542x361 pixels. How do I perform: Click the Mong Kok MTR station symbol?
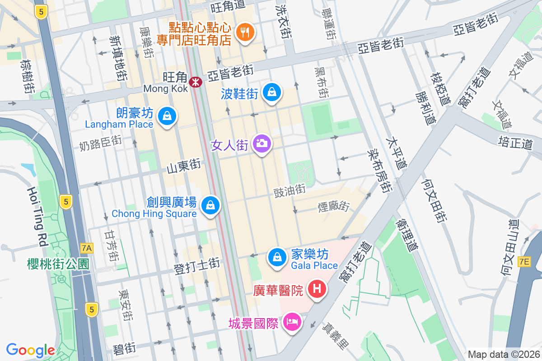pyautogui.click(x=196, y=82)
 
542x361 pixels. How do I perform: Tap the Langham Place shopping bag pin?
pyautogui.click(x=167, y=116)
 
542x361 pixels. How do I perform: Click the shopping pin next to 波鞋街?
pyautogui.click(x=272, y=93)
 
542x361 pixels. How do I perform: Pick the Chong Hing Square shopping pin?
pyautogui.click(x=210, y=205)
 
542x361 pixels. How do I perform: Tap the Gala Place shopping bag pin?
pyautogui.click(x=276, y=258)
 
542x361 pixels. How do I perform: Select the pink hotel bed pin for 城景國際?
pyautogui.click(x=292, y=323)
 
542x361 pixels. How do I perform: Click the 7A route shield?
pyautogui.click(x=87, y=248)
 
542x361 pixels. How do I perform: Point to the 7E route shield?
pyautogui.click(x=524, y=262)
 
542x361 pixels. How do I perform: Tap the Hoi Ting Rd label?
pyautogui.click(x=37, y=217)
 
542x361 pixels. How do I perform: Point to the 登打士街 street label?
pyautogui.click(x=197, y=266)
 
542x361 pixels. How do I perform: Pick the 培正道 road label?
pyautogui.click(x=515, y=143)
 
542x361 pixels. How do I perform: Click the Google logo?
pyautogui.click(x=31, y=350)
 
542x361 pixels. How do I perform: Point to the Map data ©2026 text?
pyautogui.click(x=503, y=354)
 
